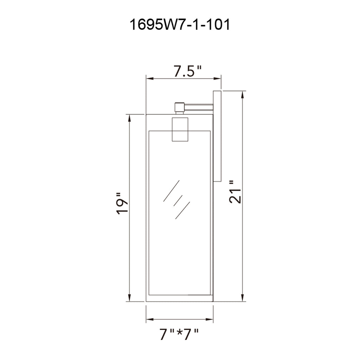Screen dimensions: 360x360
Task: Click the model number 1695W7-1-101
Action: [180, 25]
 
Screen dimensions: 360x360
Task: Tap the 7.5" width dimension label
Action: [187, 72]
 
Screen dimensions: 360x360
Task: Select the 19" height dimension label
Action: [123, 203]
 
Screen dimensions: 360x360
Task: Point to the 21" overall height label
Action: [235, 192]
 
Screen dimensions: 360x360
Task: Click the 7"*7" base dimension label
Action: [179, 334]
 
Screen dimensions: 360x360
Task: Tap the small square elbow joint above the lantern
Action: [180, 107]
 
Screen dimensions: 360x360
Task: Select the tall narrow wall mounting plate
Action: [217, 136]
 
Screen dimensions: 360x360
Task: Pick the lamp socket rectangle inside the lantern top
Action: [180, 129]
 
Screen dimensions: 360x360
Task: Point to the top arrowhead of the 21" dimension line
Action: [242, 94]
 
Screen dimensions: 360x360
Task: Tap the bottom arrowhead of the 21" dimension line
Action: [242, 298]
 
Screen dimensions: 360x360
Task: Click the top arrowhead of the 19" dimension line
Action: [130, 117]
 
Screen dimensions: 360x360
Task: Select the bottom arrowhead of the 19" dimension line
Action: [130, 298]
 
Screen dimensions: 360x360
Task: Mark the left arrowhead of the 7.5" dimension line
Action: [149, 79]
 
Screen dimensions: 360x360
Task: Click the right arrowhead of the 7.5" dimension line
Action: [218, 79]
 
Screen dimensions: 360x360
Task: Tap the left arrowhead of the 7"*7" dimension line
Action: [149, 320]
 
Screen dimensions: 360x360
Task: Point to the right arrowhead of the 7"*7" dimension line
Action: [210, 320]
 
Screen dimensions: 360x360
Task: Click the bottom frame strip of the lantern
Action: [179, 298]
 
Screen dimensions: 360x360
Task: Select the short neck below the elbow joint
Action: [180, 113]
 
